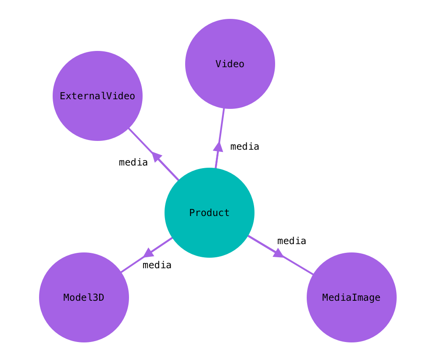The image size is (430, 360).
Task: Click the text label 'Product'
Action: (209, 213)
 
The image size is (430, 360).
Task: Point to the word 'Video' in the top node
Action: (230, 64)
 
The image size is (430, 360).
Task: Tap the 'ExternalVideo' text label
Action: (97, 96)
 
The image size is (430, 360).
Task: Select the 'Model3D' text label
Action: (84, 298)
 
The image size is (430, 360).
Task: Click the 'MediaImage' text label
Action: (351, 298)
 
